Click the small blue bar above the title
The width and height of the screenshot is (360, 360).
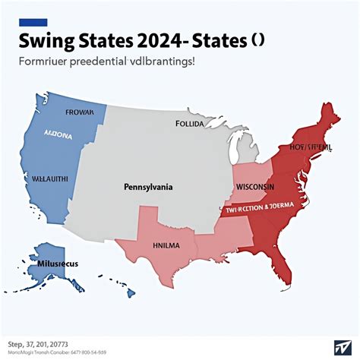point(35,22)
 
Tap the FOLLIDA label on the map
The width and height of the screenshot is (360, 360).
point(190,122)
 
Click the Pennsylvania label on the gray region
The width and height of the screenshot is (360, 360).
point(148,185)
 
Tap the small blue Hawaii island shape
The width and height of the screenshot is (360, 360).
point(131,292)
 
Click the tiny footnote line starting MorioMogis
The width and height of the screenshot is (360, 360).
point(57,352)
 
